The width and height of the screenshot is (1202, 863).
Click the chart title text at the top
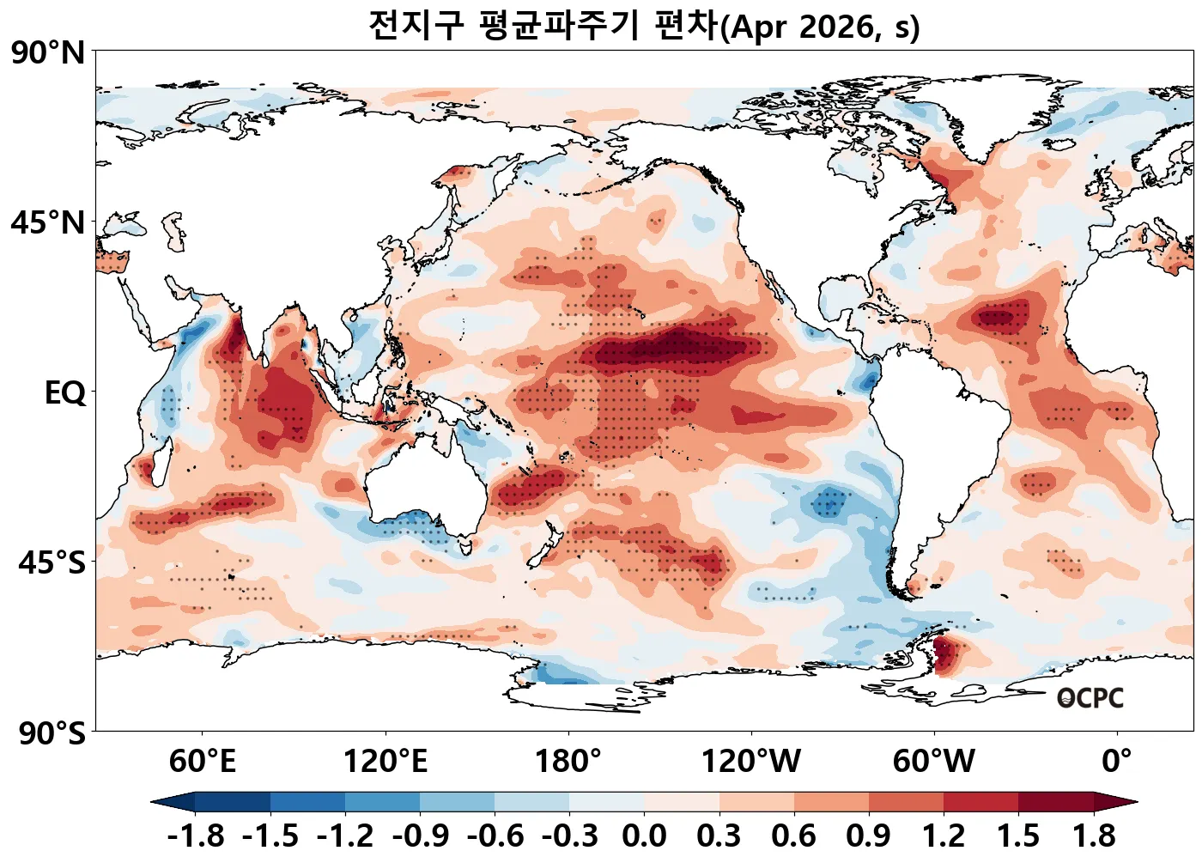coord(644,26)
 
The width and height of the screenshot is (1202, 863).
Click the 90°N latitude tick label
coord(48,53)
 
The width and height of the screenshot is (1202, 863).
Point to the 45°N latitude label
coord(48,223)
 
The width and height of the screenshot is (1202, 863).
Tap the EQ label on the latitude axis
coord(65,393)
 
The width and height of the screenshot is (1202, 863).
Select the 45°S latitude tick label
coord(52,563)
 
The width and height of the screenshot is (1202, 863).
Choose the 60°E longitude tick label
coord(202,761)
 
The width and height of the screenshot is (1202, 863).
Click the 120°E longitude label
coord(385,761)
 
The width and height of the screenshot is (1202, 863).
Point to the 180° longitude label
coord(568,761)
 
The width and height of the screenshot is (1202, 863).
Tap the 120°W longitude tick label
coord(751,761)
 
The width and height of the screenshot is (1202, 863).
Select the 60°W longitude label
coord(934,761)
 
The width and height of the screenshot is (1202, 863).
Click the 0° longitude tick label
coord(1117,761)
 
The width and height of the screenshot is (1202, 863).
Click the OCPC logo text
coord(1090,698)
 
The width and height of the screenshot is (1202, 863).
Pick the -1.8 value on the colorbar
coord(196,836)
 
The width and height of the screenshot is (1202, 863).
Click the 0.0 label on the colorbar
coord(644,836)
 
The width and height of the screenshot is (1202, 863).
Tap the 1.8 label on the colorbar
coord(1094,836)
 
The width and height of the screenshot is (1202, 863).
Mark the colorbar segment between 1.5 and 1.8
coord(1056,802)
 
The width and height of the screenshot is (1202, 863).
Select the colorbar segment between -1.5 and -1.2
coord(307,802)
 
